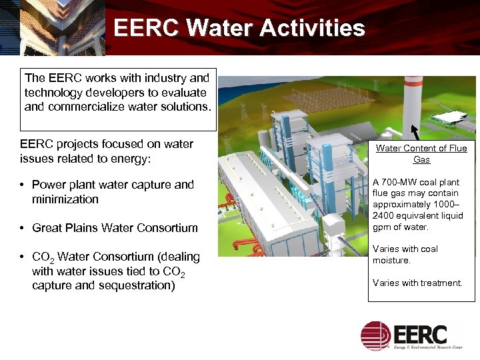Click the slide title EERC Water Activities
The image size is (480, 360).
[x=239, y=28]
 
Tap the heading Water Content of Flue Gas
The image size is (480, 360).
[x=421, y=154]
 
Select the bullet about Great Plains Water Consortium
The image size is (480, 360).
[x=115, y=228]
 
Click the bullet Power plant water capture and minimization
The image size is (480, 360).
[x=113, y=192]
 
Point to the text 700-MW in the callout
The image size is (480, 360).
[x=397, y=182]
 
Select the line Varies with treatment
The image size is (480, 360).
[x=417, y=283]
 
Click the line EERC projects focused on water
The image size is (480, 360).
[x=107, y=144]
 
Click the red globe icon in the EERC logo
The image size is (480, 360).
[x=375, y=335]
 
